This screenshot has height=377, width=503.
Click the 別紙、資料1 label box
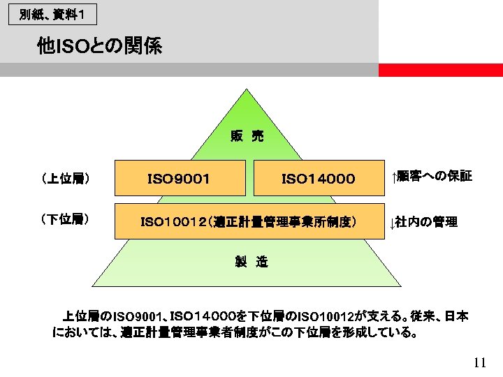(52, 14)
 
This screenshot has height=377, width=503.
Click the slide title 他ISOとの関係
(100, 47)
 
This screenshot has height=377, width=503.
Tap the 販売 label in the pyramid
(247, 136)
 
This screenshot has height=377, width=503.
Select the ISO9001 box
(180, 179)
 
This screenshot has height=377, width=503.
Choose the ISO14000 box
(319, 179)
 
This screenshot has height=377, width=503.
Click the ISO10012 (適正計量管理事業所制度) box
(249, 222)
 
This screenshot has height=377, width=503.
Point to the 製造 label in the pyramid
(251, 262)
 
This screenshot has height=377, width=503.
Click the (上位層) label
(65, 179)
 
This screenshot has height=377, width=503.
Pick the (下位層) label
(65, 219)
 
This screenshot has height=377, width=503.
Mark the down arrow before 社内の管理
(393, 223)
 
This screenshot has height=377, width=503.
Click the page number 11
(479, 362)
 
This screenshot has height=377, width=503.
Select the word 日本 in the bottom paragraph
(456, 317)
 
